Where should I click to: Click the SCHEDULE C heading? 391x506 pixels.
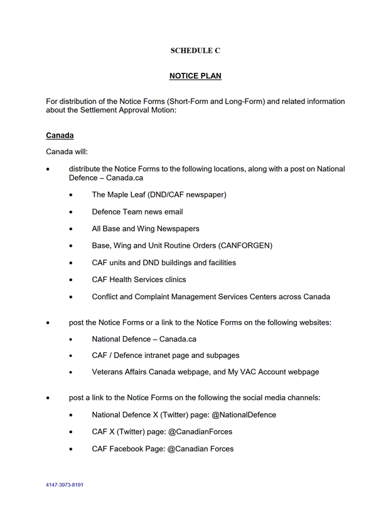tap(195, 50)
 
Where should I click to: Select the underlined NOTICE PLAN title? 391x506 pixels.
tap(195, 76)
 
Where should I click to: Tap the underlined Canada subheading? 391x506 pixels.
tap(60, 135)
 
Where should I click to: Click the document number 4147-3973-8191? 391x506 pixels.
tap(65, 485)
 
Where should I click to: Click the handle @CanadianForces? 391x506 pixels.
tap(199, 431)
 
